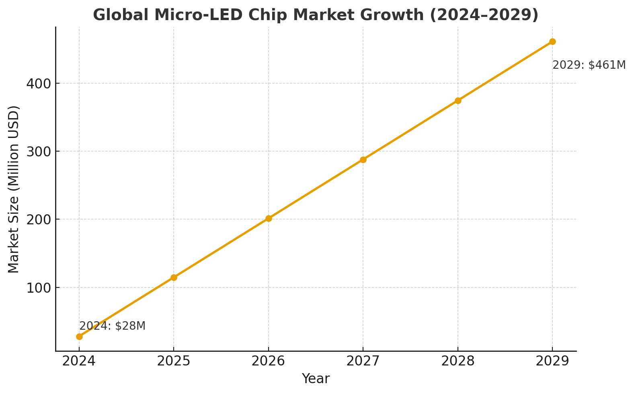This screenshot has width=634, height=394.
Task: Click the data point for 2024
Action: coord(79,337)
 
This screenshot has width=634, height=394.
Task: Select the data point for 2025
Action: coord(174,277)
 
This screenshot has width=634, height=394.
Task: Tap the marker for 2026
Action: coord(269,218)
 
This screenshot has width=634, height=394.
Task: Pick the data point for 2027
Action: coord(363,160)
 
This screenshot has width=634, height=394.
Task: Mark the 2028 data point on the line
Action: coord(458,101)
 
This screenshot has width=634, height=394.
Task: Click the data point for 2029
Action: coord(552,41)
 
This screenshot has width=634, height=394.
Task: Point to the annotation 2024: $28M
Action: coord(112,326)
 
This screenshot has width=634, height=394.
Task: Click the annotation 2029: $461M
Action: coord(589,65)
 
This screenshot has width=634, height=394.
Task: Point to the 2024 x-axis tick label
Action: coord(79,361)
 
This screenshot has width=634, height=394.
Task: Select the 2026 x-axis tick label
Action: coord(269,361)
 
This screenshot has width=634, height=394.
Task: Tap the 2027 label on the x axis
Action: coord(363,361)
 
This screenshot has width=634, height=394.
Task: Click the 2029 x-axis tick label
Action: coord(552,361)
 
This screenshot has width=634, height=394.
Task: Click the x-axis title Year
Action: coord(316,379)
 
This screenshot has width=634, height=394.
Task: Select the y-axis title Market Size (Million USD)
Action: coord(14,189)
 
